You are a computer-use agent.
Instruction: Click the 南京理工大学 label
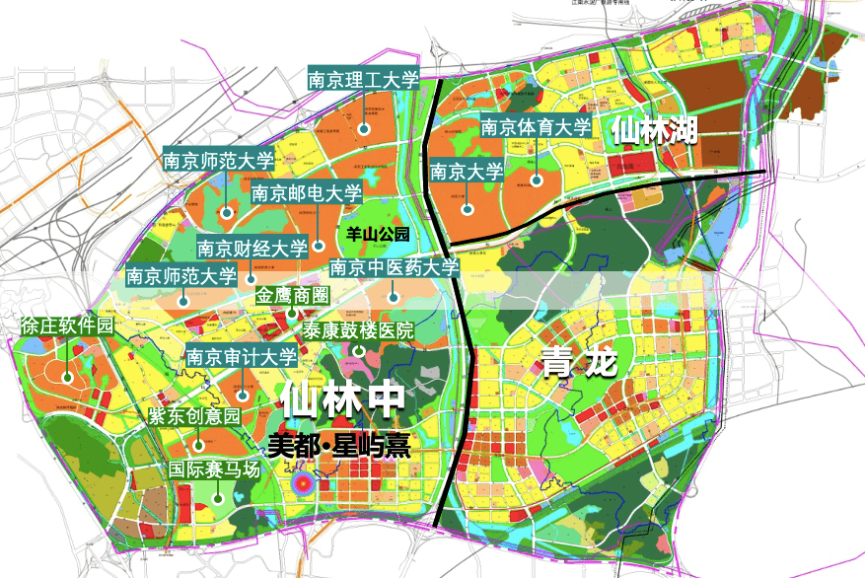click(x=364, y=80)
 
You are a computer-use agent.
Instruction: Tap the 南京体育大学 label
click(x=536, y=127)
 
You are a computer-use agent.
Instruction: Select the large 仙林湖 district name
click(x=653, y=129)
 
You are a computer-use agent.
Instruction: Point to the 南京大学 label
click(x=467, y=172)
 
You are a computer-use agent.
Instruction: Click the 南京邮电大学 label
click(x=306, y=193)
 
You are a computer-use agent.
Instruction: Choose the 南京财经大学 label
click(x=252, y=248)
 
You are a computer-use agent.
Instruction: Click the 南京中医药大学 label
click(x=394, y=267)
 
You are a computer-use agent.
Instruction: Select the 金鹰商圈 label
click(x=293, y=295)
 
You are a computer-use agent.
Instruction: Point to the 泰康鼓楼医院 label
click(x=358, y=329)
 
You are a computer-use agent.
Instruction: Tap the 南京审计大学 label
click(x=241, y=357)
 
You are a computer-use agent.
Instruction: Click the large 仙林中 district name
click(x=342, y=399)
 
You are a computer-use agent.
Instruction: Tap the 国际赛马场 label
click(x=214, y=470)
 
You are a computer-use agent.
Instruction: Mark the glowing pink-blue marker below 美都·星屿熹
click(x=303, y=483)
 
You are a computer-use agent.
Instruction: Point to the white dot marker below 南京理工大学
click(x=364, y=127)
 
